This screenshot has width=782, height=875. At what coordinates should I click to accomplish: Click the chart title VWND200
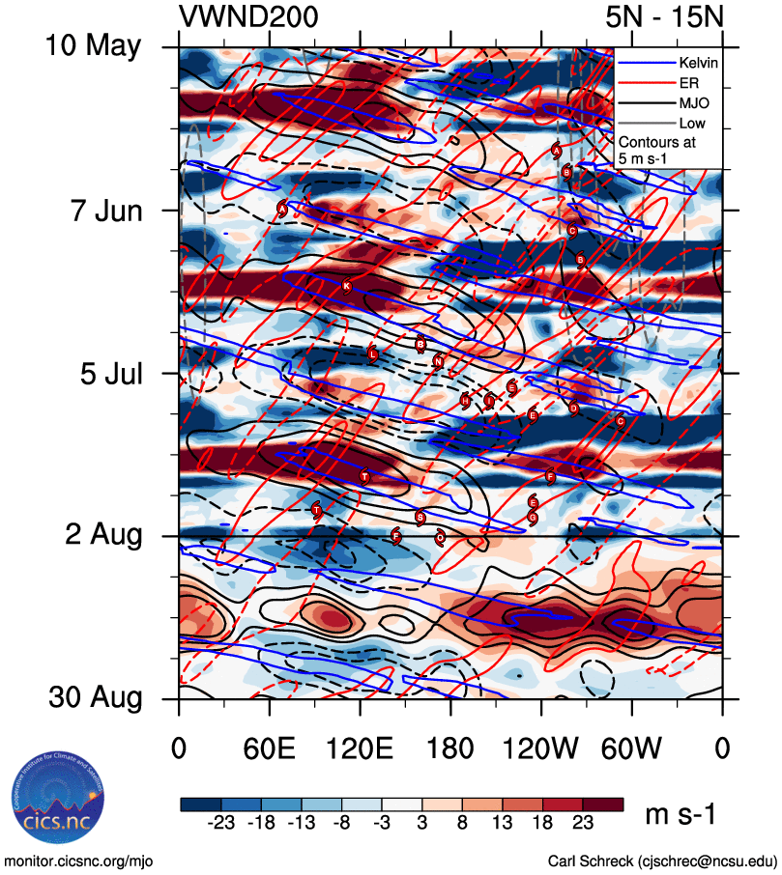248,16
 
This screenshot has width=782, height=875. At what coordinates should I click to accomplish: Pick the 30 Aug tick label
94,698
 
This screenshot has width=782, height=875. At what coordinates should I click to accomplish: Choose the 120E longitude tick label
360,749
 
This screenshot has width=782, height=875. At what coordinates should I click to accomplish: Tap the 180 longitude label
450,749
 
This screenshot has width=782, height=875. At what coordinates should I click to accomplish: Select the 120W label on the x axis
541,749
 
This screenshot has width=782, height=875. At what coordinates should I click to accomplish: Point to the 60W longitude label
632,749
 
